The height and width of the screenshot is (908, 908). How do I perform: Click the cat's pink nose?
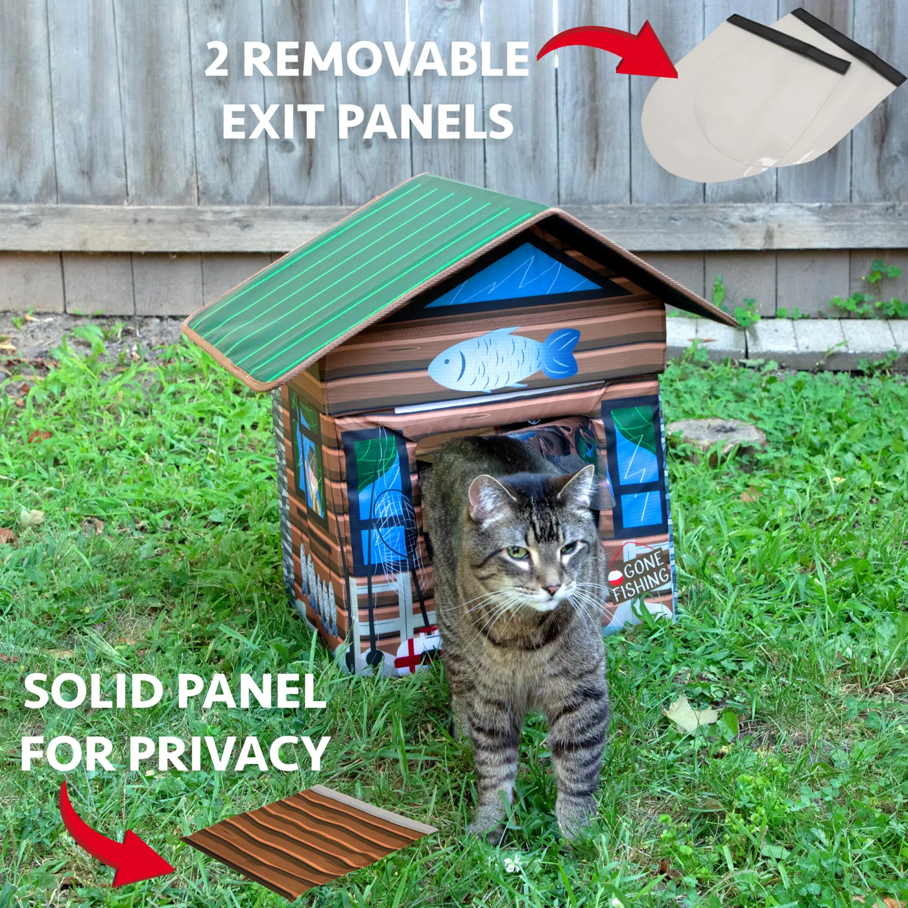[x=552, y=589]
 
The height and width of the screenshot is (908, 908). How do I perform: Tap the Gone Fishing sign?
[x=640, y=576]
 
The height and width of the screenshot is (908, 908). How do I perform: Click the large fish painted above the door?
[x=504, y=359]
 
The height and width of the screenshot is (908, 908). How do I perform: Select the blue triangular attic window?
[x=514, y=276]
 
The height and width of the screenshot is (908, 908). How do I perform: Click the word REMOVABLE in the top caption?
[x=385, y=59]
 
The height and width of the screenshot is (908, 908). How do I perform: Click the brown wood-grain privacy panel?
[x=309, y=839]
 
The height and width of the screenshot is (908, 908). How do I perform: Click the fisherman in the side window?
[x=313, y=485]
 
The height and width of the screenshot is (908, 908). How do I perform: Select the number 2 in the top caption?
[x=217, y=60]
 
